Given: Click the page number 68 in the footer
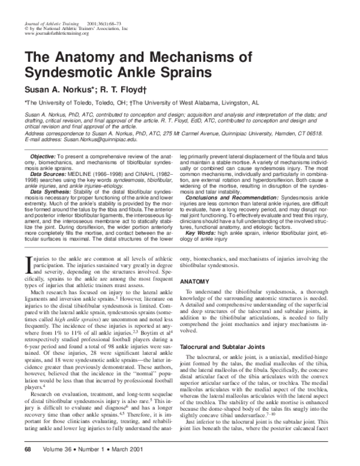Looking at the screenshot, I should click(28, 449).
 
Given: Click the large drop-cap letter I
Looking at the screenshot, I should click(27, 261).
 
